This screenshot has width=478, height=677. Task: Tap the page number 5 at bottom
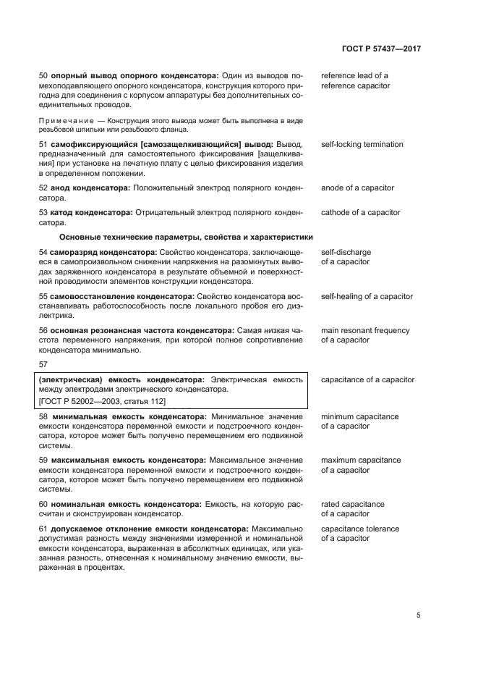pos(418,615)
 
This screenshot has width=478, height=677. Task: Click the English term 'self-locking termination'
pos(362,145)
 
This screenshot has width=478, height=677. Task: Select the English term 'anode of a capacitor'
pos(357,188)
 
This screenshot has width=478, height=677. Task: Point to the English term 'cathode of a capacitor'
pos(360,213)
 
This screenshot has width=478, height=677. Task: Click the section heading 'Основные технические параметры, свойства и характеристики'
pos(186,237)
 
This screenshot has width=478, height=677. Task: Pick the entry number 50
pos(42,76)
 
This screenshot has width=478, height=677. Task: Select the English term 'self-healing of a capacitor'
pos(367,297)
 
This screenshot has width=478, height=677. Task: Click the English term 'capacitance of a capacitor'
pos(367,379)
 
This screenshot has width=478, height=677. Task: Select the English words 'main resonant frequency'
pos(364,331)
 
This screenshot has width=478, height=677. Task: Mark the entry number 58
pos(42,417)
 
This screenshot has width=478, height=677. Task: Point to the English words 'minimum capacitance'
pos(359,417)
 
